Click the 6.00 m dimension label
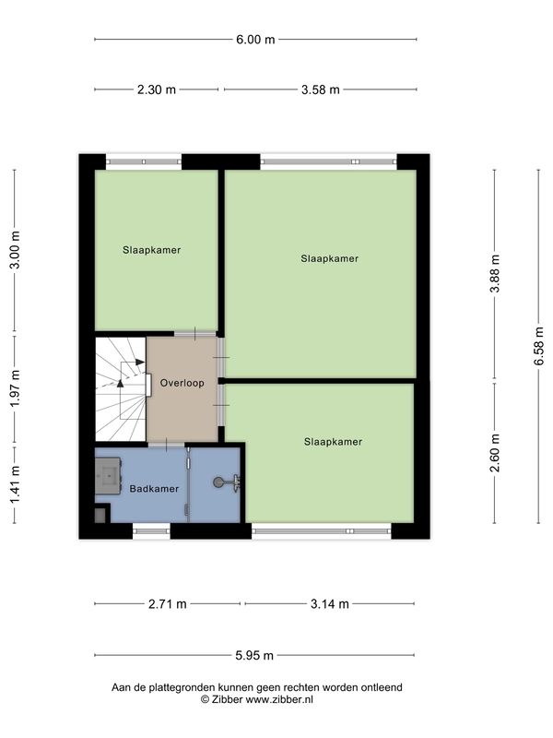(x=255, y=40)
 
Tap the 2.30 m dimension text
(x=156, y=89)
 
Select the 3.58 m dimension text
(x=320, y=89)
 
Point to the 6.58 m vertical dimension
(x=538, y=346)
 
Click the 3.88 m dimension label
(x=495, y=273)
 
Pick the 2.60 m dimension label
(x=495, y=453)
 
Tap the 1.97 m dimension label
(x=15, y=388)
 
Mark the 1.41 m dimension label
(x=15, y=484)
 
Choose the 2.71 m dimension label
(x=168, y=604)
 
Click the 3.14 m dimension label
(x=330, y=604)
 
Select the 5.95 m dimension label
(x=254, y=655)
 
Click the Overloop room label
(x=182, y=383)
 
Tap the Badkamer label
(x=154, y=489)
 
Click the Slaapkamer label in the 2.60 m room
(x=333, y=442)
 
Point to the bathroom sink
(x=109, y=475)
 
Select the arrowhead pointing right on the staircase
(x=140, y=362)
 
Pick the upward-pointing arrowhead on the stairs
(x=121, y=383)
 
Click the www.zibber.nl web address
(x=279, y=700)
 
